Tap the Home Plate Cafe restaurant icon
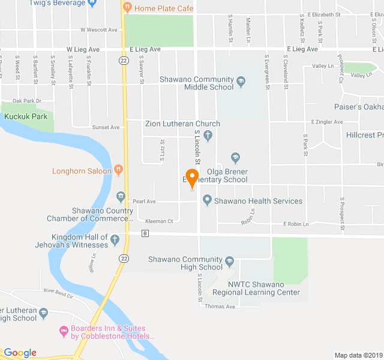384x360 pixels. [x=127, y=8]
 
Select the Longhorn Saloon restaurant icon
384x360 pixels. [x=119, y=171]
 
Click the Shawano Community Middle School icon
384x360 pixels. [x=241, y=81]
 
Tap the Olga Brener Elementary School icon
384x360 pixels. [x=235, y=158]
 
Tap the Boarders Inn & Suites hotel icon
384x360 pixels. [x=64, y=330]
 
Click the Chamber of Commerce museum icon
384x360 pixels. [x=121, y=196]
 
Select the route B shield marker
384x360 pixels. [x=145, y=233]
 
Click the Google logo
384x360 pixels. [x=20, y=353]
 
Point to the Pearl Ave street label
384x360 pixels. [x=144, y=201]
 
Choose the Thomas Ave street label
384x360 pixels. [x=220, y=306]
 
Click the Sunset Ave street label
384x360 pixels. [x=106, y=127]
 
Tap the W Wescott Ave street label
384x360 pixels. [x=98, y=29]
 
